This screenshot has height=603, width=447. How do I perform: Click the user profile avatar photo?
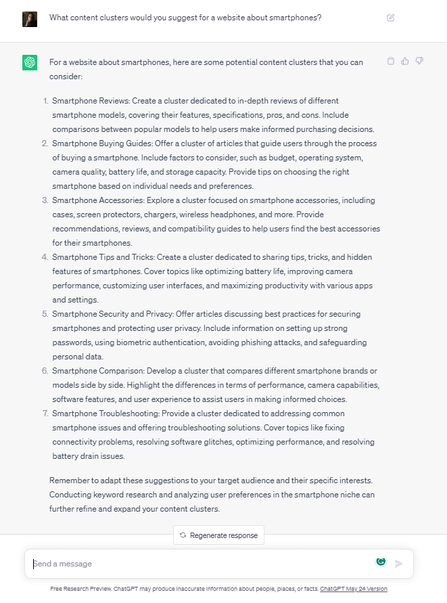[x=30, y=18]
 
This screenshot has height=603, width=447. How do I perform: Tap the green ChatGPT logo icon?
[x=30, y=63]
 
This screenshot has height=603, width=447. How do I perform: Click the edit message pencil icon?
[x=391, y=18]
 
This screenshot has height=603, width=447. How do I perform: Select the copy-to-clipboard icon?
[x=391, y=62]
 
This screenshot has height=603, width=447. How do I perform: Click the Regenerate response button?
[x=218, y=535]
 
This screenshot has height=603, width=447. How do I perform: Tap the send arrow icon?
[x=399, y=564]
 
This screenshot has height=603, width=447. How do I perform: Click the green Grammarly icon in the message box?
[x=381, y=562]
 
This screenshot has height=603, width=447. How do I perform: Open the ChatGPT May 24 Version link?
[x=354, y=589]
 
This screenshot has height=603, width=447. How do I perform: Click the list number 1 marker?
[x=46, y=101]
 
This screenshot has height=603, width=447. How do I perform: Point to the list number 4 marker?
[x=45, y=257]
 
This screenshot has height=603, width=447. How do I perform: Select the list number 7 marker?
[x=45, y=414]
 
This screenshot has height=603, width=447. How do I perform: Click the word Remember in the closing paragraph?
[x=68, y=481]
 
